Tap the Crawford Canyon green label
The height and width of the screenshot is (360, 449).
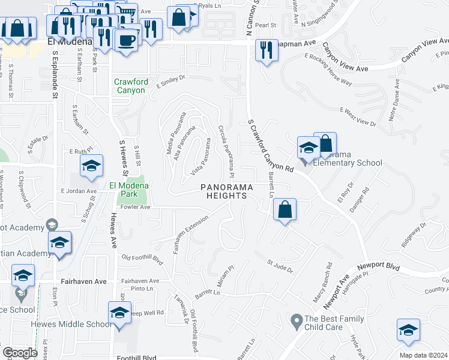130,86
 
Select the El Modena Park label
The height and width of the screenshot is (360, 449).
127,190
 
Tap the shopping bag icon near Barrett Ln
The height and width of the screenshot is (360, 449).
285,210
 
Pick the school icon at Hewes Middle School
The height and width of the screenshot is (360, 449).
119,313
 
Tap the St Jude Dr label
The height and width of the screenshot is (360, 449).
280,266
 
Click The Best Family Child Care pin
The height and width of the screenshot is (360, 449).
295,322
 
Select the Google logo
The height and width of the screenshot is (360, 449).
20,353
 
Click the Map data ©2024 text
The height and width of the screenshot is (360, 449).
423,355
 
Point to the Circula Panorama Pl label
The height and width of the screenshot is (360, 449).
226,151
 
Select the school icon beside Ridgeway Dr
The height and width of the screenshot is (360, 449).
408,331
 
